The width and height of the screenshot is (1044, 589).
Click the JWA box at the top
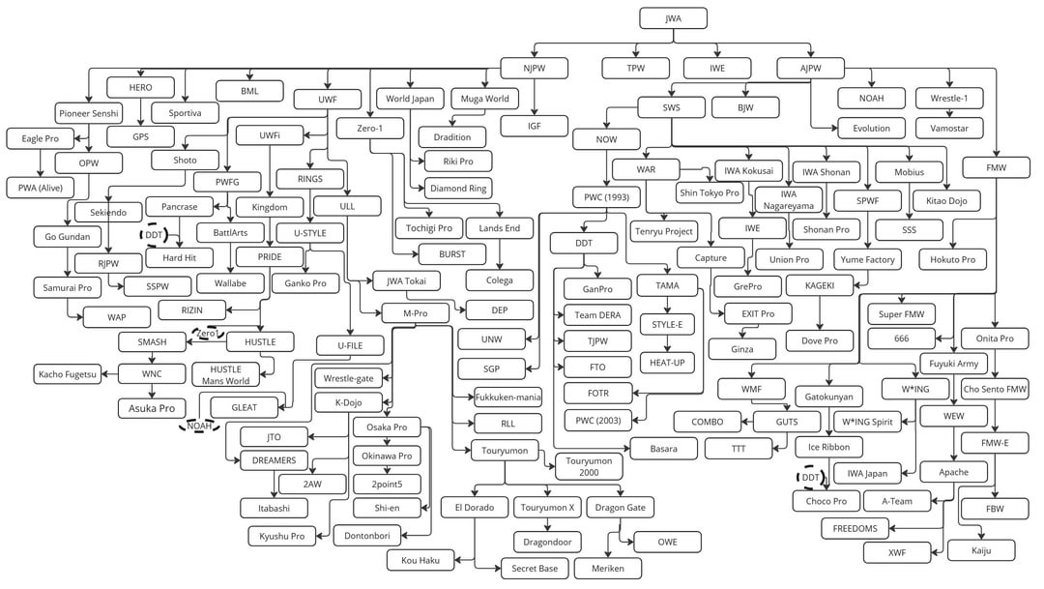tap(673, 18)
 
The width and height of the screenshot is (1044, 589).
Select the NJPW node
tap(534, 68)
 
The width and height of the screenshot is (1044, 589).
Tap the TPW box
tap(636, 68)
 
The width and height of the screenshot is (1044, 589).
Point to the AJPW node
tap(810, 68)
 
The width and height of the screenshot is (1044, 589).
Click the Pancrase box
tap(179, 207)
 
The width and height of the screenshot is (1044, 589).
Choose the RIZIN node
tap(191, 309)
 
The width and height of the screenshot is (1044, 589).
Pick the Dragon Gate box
tap(620, 508)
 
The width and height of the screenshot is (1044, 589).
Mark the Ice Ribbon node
tap(829, 447)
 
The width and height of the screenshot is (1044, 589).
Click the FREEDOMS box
tap(855, 528)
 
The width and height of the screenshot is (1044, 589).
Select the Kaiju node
tap(981, 550)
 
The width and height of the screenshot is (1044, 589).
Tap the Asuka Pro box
tap(152, 408)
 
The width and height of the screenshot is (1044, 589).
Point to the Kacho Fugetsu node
tap(68, 373)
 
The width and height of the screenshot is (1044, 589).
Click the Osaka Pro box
tap(387, 427)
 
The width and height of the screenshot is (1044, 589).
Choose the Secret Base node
tap(535, 569)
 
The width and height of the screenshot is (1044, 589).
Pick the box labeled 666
tap(902, 339)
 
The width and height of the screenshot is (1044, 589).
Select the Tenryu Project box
tap(664, 231)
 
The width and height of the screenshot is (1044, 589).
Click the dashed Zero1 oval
tap(207, 333)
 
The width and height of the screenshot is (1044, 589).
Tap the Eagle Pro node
tap(40, 138)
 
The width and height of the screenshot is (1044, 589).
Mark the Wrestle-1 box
tap(949, 98)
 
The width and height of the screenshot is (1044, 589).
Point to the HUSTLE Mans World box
tap(225, 375)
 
